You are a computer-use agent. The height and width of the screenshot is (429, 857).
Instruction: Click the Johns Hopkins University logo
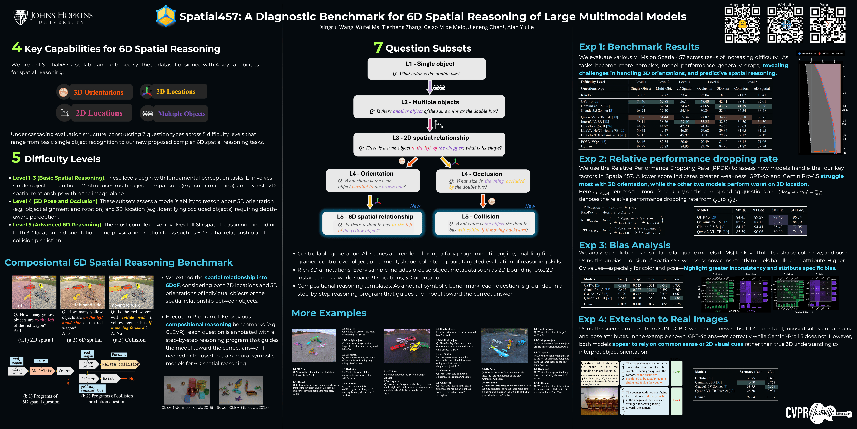point(53,17)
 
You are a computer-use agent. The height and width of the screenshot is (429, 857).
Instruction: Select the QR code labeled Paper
point(827,25)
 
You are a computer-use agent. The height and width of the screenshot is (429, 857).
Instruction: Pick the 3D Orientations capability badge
point(94,92)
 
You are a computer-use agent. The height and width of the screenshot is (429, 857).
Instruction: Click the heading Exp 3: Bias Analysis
point(624,245)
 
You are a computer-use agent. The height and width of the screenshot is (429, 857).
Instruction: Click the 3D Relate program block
point(42,371)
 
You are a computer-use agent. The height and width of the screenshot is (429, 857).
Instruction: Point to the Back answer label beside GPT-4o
point(676,372)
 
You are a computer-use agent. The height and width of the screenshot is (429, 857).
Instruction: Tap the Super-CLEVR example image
point(241,390)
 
